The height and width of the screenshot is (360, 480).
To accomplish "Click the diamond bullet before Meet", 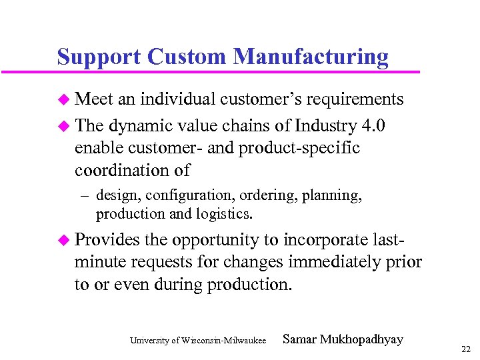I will [63, 100].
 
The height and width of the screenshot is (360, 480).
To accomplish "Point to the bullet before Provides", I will [63, 240].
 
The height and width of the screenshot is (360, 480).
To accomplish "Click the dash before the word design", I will [85, 196].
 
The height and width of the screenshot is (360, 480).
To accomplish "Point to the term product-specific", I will [307, 148].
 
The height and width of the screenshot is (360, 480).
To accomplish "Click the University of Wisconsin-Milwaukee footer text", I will [199, 341].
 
